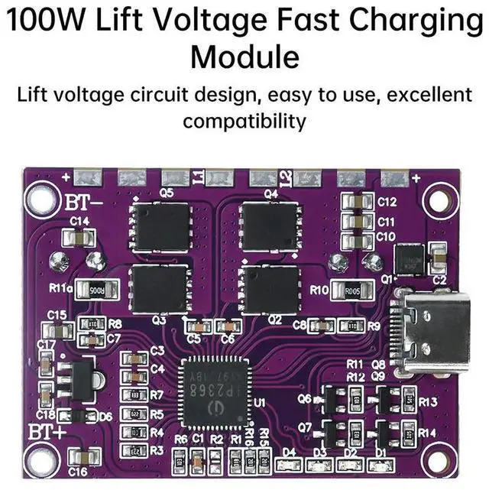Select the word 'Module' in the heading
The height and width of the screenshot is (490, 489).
coord(244,56)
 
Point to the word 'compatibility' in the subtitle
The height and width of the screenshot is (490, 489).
coord(244,121)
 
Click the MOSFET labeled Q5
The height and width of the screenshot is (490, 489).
coord(160,226)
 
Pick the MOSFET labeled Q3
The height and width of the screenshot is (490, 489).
coord(160,288)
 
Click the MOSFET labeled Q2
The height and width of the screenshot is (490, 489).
coord(269,288)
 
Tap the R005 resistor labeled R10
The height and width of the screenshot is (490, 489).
coord(351,290)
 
